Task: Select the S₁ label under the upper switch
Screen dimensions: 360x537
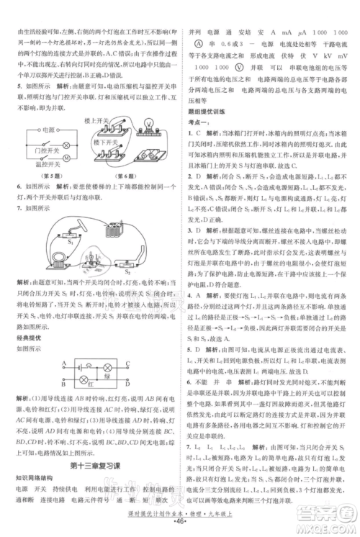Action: point(69,243)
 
